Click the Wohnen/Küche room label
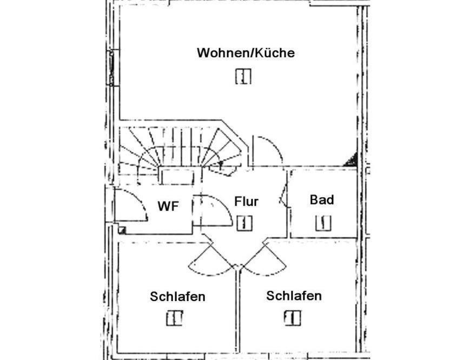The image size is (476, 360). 246,53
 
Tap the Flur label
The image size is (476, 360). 246,201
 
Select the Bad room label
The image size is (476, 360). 322,200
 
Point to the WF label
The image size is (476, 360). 168,206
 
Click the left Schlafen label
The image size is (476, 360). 177,297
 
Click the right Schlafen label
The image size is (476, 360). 294,296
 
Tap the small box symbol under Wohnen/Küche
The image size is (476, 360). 243,76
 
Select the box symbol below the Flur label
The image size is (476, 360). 244,223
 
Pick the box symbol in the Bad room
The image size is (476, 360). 323,223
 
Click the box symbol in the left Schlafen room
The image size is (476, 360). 174,318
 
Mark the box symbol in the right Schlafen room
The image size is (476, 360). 293,318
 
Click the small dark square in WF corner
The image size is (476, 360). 122,230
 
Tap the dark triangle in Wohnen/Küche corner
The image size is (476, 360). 351,161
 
